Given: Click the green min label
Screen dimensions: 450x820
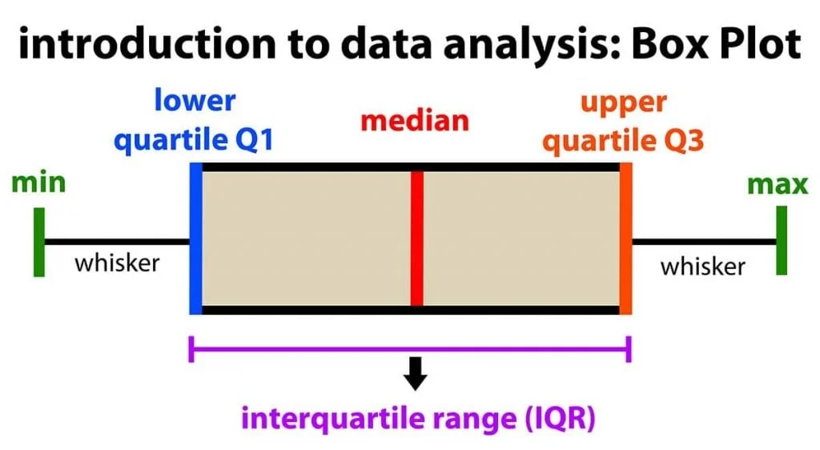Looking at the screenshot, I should pos(38,183).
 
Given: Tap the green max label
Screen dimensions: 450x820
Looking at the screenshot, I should pos(778,184).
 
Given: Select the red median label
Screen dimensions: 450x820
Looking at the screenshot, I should pos(414,122).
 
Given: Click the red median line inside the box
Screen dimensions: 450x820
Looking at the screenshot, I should pos(416,239).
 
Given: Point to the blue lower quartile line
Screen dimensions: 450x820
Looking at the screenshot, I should pos(195,239).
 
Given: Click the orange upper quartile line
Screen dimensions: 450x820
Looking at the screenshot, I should pos(625,239).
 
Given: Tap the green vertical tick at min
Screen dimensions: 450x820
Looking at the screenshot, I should pos(38,242).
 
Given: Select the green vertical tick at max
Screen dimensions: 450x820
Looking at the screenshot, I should pos(781,240).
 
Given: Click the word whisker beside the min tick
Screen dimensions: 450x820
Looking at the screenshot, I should pos(117,263).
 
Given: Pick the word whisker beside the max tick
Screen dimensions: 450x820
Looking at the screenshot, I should pos(702,265).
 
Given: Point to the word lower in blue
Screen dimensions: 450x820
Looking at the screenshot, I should pos(195,101).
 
